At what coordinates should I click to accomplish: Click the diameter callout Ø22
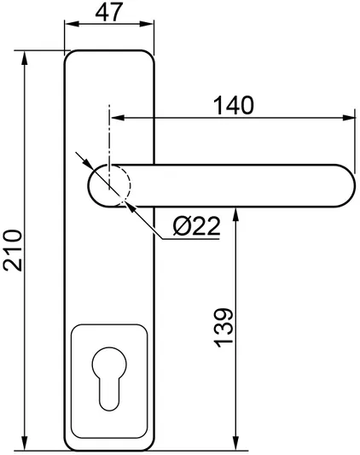tap(196, 226)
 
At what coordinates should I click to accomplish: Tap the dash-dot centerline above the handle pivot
tap(109, 128)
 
